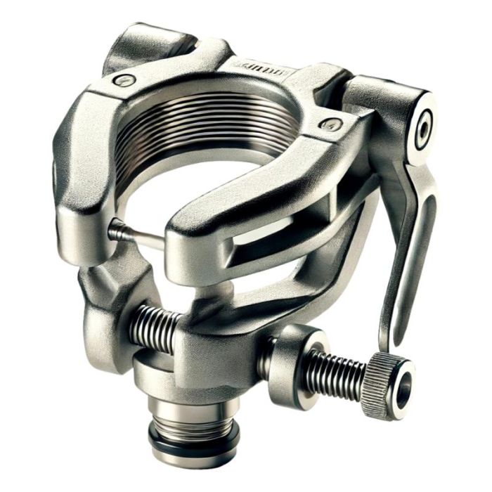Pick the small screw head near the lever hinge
click(328, 125)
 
